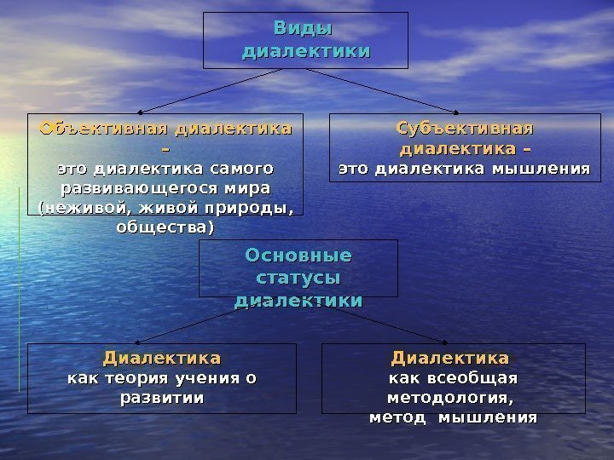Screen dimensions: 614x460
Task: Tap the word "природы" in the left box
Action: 253,208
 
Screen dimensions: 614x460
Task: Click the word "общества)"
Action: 165,227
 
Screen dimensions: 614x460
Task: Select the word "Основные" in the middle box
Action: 298,256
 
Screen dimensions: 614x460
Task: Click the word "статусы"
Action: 298,279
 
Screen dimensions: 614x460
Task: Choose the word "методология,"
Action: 452,398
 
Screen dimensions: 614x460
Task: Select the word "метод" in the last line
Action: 398,417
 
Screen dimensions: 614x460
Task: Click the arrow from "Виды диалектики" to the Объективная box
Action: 209,90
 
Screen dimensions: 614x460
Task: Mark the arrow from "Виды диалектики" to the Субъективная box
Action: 384,90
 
